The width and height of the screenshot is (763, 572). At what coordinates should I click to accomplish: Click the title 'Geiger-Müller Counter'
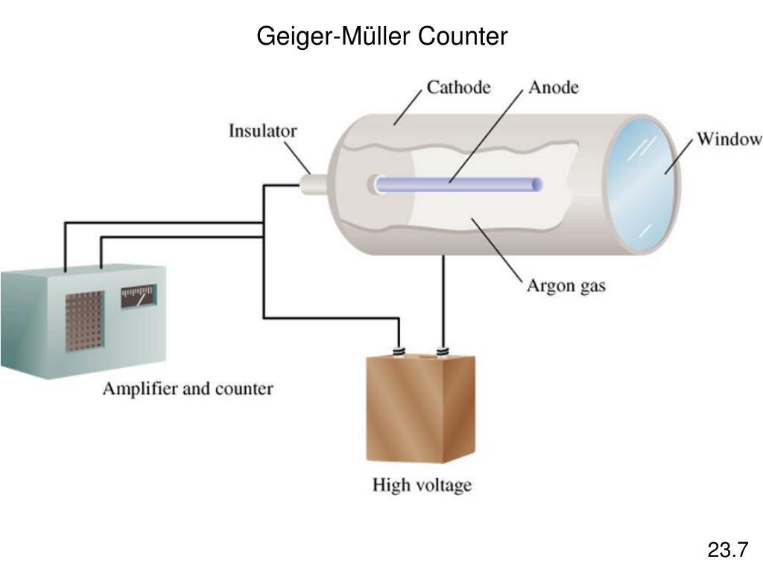(x=381, y=35)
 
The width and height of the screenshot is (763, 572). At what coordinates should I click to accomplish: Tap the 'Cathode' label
(x=458, y=87)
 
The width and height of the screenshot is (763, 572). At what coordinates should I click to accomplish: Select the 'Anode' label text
(x=553, y=87)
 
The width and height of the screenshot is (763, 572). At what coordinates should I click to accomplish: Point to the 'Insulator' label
(x=262, y=131)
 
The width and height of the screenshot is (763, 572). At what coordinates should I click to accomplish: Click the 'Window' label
(x=728, y=139)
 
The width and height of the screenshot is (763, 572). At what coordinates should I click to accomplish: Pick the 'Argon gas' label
(x=566, y=285)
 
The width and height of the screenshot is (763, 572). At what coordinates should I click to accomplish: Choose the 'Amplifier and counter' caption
(x=188, y=388)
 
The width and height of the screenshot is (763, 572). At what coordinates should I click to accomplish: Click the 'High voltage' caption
(x=422, y=485)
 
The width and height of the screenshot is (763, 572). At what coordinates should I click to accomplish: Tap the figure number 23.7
(x=727, y=550)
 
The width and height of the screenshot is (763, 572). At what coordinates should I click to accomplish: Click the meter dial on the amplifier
(x=139, y=297)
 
